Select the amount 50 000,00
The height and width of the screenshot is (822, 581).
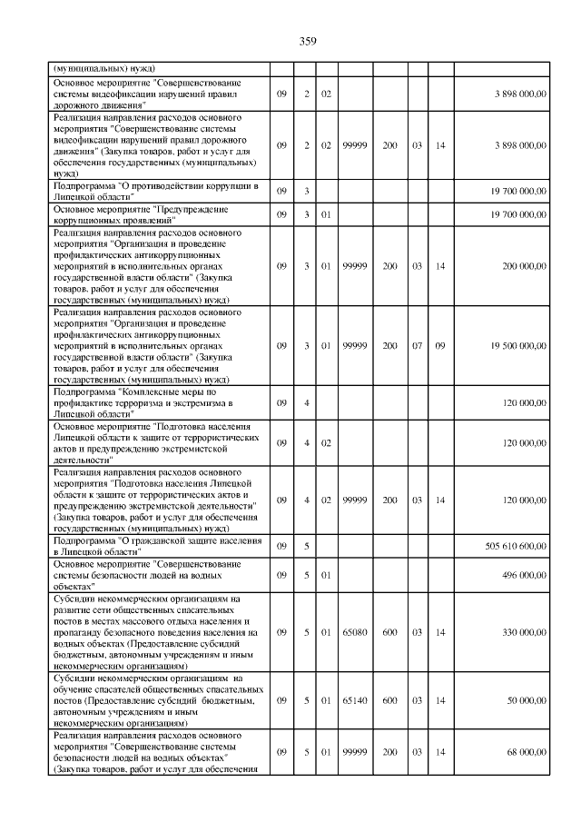(x=524, y=700)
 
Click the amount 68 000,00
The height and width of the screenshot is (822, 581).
(x=524, y=751)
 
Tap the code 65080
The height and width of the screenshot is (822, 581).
(x=355, y=631)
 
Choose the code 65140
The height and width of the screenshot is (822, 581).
(x=355, y=700)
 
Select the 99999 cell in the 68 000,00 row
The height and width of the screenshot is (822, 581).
(x=355, y=751)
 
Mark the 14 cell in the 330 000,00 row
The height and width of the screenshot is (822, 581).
(x=440, y=631)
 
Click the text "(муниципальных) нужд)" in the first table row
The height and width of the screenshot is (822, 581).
(x=104, y=68)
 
